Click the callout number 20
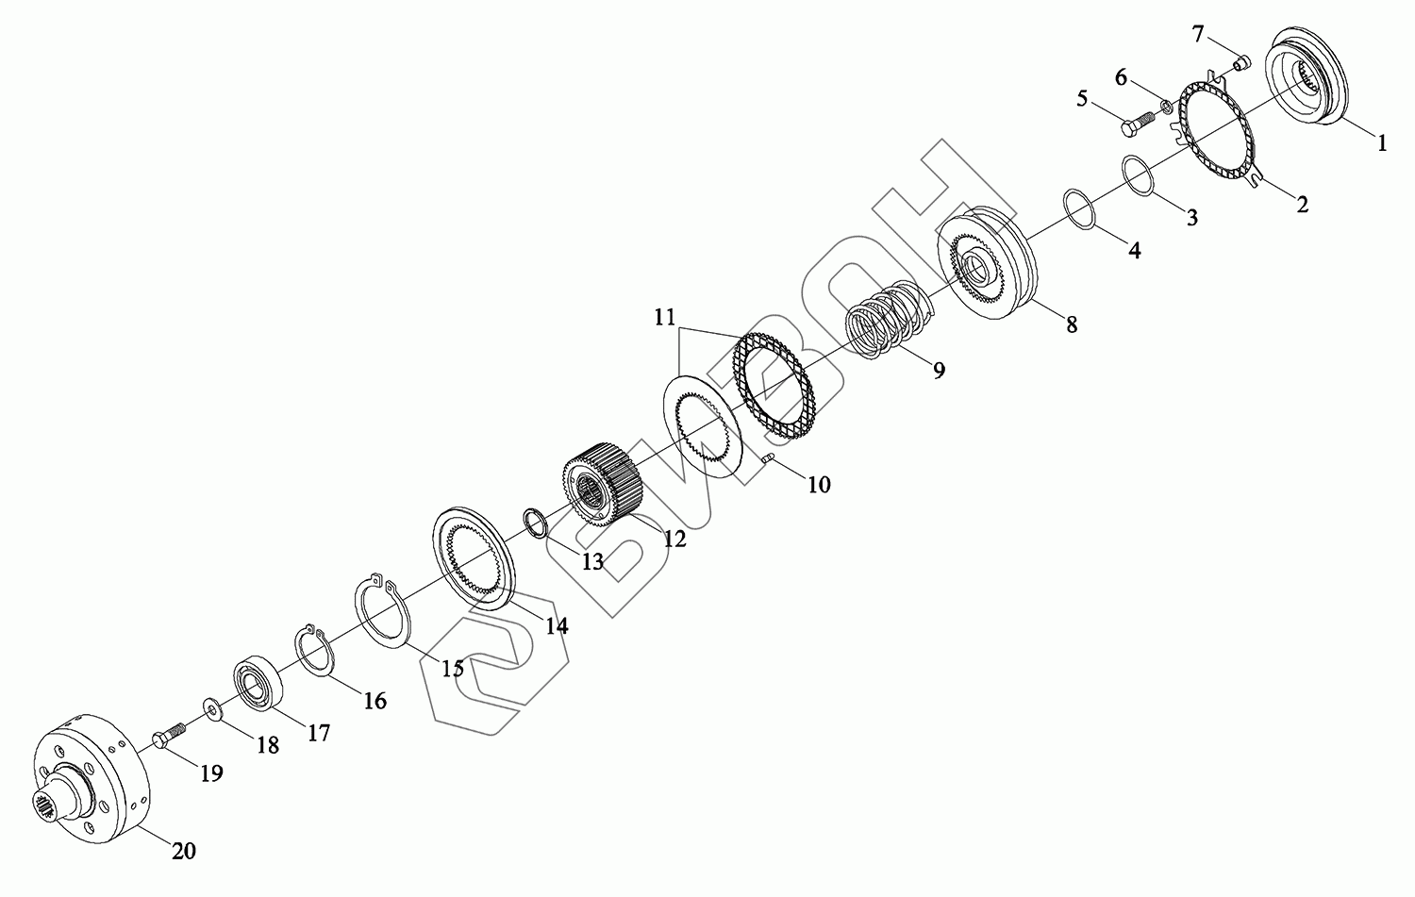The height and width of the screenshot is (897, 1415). tap(184, 851)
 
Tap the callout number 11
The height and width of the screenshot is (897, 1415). tap(664, 317)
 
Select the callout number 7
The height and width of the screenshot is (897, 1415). tap(1198, 35)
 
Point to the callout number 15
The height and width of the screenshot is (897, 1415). tap(452, 669)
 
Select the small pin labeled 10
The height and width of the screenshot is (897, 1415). tap(768, 458)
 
